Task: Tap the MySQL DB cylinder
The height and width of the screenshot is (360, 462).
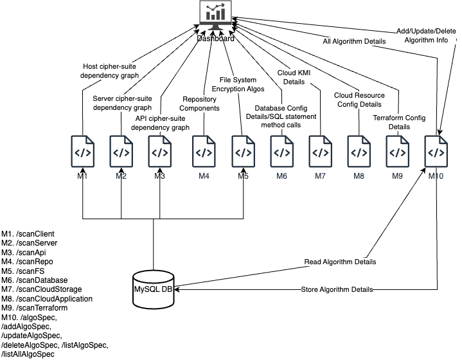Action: click(x=153, y=290)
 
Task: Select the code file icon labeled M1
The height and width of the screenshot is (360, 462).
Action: click(x=82, y=153)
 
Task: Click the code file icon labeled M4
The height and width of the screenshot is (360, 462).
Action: click(x=204, y=153)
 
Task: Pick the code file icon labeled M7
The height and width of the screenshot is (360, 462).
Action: click(x=320, y=153)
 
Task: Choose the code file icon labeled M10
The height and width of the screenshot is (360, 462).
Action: click(x=436, y=153)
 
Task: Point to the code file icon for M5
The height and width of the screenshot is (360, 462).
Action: click(x=242, y=153)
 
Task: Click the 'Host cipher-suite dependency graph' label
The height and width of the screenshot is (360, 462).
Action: click(x=109, y=71)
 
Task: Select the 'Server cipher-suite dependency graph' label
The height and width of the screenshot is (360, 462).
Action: click(x=122, y=103)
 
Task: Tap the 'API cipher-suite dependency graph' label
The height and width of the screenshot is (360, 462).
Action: click(x=161, y=123)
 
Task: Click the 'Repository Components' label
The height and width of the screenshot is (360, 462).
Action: click(x=199, y=104)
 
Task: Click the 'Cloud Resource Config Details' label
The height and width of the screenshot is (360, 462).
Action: click(x=359, y=100)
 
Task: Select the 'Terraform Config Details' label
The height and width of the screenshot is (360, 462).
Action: click(x=399, y=123)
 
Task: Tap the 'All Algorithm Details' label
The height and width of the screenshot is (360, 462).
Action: click(x=354, y=42)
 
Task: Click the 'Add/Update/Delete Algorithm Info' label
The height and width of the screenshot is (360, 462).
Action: click(x=426, y=35)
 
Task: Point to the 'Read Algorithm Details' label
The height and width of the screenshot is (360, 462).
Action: click(x=340, y=262)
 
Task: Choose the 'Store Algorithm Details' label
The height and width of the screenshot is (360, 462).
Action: click(x=337, y=290)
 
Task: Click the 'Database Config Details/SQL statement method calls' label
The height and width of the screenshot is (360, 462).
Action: click(x=281, y=116)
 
